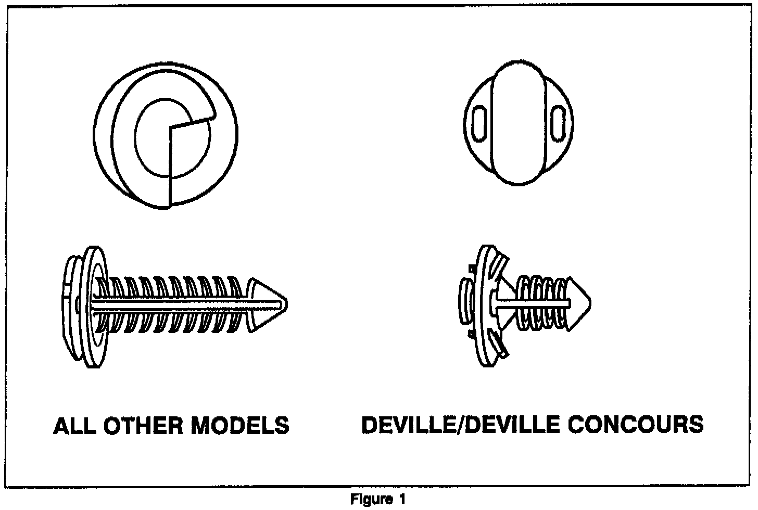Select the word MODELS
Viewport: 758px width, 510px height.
coord(241,426)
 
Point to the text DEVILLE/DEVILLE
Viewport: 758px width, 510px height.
coord(461,425)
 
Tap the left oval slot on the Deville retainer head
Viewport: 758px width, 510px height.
coord(479,120)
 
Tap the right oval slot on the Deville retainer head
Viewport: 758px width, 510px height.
coord(558,120)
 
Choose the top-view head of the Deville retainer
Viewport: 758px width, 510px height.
coord(518,123)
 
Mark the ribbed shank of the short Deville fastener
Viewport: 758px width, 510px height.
coord(541,303)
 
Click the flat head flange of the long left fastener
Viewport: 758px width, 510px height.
coord(94,307)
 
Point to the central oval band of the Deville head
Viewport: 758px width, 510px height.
coord(518,123)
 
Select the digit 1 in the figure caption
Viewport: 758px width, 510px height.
coord(401,500)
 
